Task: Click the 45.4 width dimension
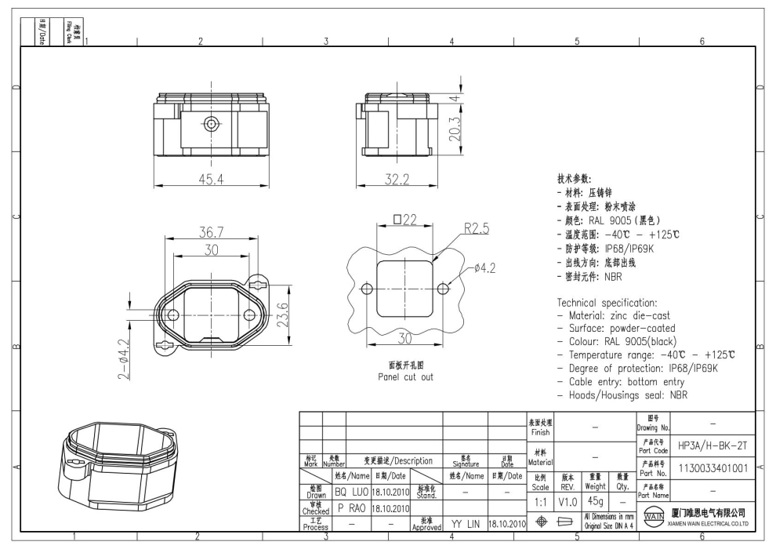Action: [209, 180]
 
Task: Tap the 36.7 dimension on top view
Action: [210, 233]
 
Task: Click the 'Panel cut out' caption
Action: [402, 376]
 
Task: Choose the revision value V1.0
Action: [570, 500]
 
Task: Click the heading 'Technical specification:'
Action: [608, 302]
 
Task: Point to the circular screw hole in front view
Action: [211, 123]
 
